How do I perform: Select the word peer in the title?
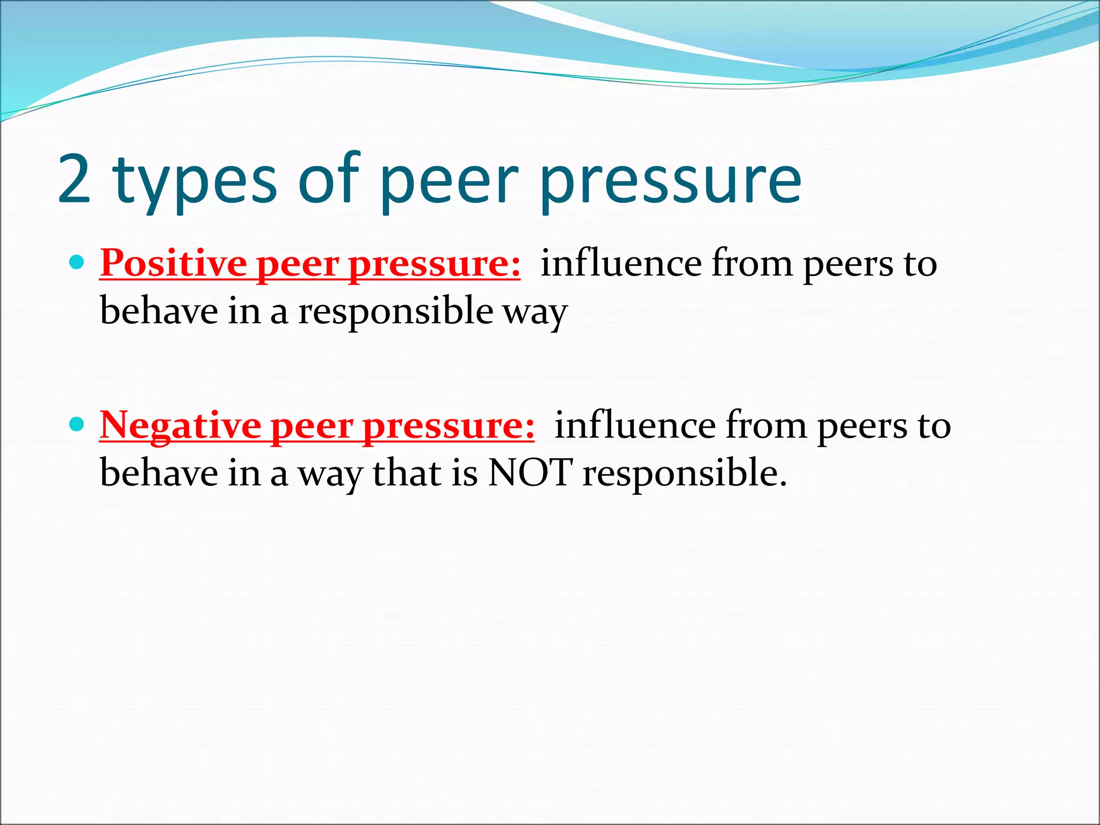tap(449, 183)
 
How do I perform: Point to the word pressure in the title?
tap(671, 183)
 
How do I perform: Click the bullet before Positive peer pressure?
tap(77, 263)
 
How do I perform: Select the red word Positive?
tap(173, 264)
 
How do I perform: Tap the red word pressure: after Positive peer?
tap(434, 265)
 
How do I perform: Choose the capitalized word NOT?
tap(530, 473)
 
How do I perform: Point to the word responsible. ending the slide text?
tap(685, 474)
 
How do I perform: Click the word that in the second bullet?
tap(407, 473)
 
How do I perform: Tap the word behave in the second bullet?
tap(159, 473)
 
